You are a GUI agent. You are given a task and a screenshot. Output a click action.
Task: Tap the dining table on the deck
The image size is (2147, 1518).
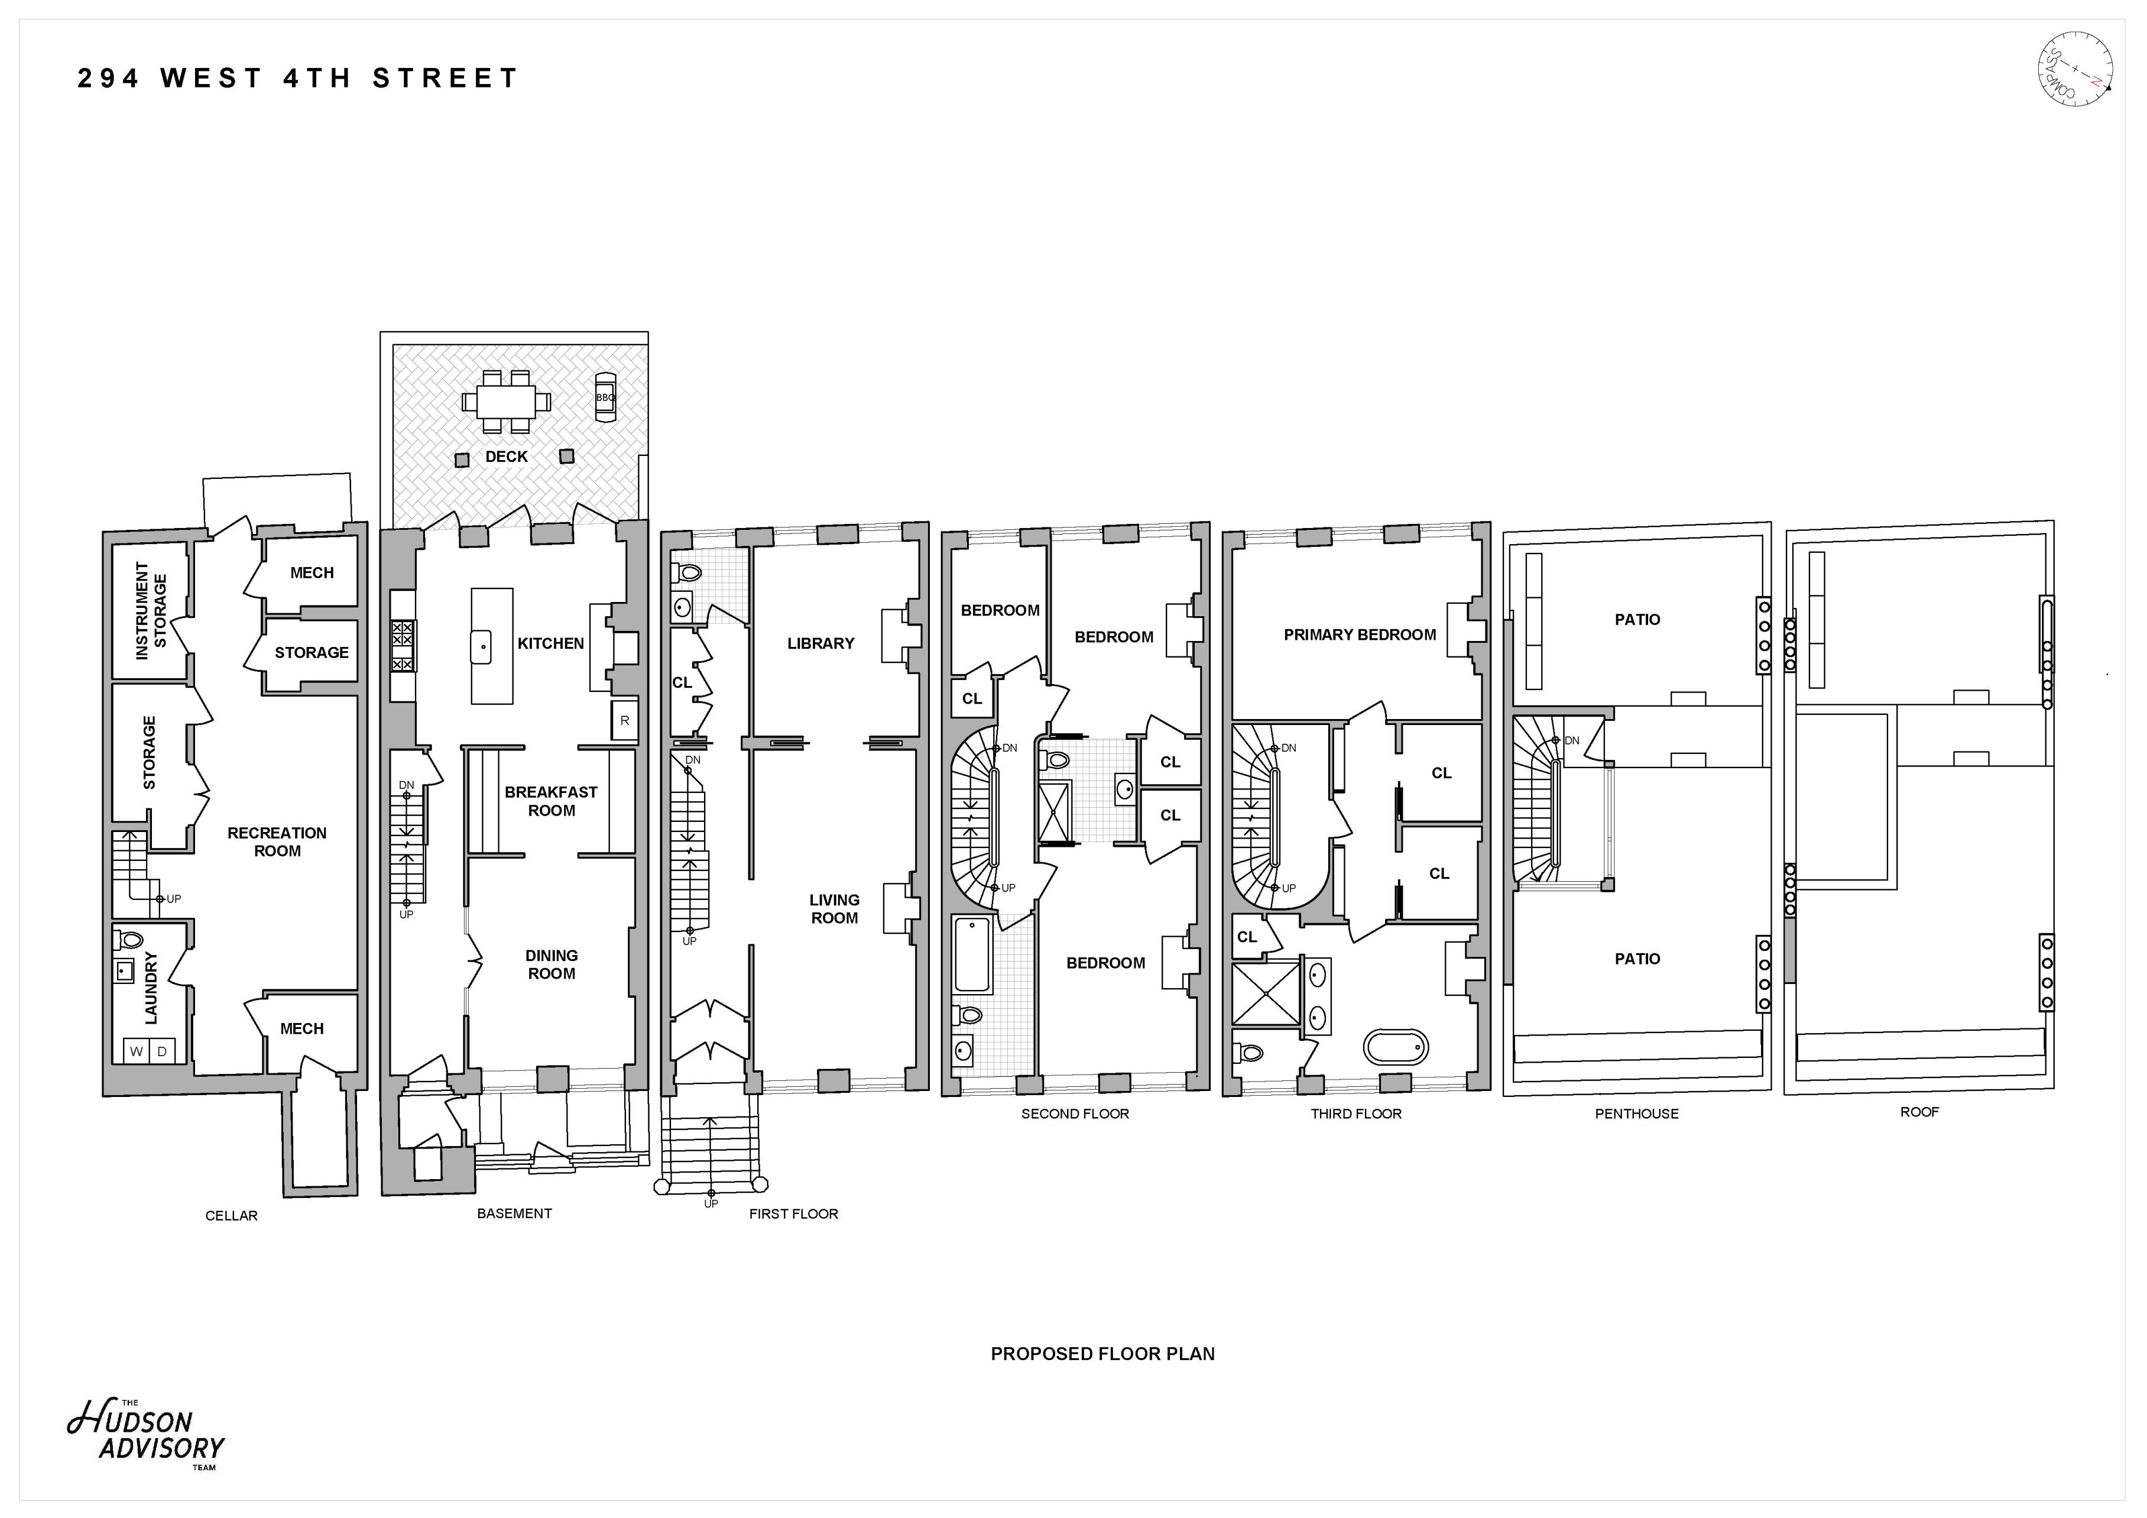point(506,402)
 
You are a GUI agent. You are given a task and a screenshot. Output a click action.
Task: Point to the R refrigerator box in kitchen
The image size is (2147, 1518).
point(625,720)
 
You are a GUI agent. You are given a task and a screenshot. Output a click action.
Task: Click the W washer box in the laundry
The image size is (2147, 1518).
point(137,1051)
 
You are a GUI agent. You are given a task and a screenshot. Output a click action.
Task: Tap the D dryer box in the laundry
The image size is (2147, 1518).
point(162,1051)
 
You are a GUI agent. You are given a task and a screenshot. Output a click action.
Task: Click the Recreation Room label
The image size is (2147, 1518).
point(277,841)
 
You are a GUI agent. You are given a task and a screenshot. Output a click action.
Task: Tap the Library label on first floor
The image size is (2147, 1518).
point(820,643)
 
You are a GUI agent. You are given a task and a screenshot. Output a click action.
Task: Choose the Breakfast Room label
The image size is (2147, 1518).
point(551,801)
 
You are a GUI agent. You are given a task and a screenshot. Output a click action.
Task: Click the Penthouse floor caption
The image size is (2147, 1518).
point(1636,1113)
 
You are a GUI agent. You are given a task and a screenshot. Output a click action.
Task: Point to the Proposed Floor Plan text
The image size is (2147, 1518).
point(1102,1354)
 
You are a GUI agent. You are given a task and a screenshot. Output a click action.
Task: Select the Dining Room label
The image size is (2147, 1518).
point(551,964)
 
